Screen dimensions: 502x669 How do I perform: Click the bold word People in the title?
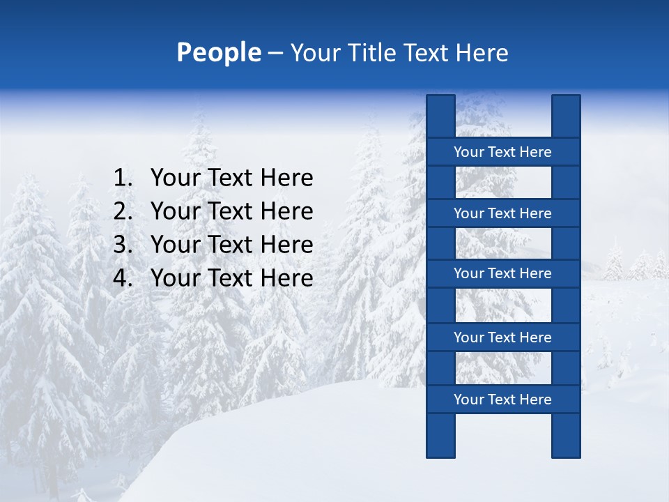coord(218,53)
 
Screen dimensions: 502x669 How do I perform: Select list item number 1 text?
coord(231,178)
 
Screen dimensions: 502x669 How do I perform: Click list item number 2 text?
coord(231,211)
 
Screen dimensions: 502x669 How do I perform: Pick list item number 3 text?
coord(231,245)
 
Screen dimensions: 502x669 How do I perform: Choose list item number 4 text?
coord(231,278)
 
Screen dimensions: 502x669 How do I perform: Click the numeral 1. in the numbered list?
coord(122,178)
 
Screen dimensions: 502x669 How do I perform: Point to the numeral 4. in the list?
coord(122,278)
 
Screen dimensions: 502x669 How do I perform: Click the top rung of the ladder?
coord(502,152)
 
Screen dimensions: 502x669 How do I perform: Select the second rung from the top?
coord(502,213)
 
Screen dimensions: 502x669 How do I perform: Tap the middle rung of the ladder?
coord(502,274)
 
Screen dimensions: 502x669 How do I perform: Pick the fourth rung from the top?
coord(502,337)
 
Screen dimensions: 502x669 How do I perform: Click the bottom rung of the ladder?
coord(502,400)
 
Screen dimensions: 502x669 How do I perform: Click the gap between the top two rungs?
coord(503,183)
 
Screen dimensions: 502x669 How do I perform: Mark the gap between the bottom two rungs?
coord(503,369)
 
